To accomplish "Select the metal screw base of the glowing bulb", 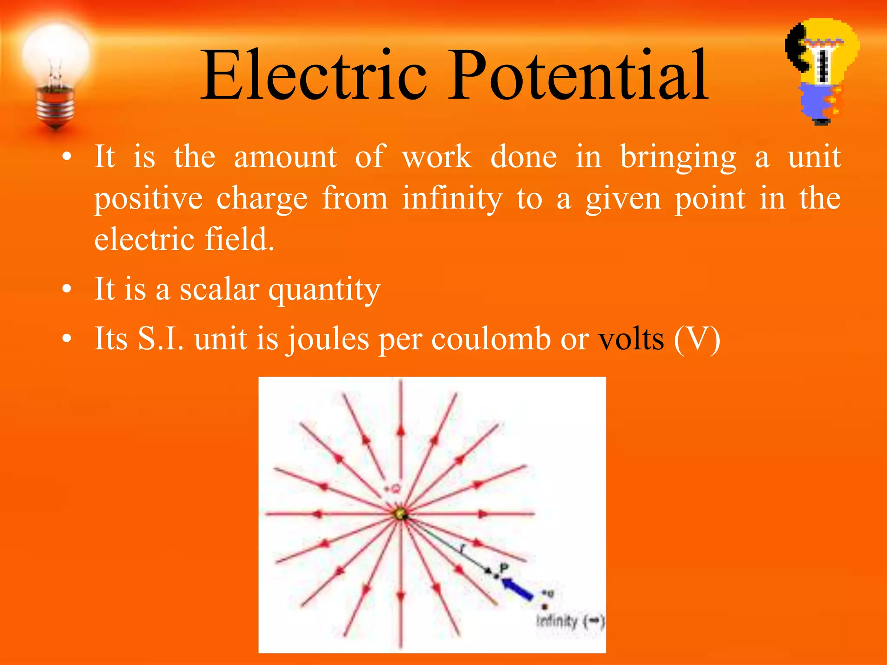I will (x=55, y=106).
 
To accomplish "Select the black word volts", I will (x=631, y=339).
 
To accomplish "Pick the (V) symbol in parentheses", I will (x=697, y=339).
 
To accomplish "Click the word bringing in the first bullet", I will (x=678, y=158).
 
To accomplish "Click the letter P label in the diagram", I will (x=504, y=568).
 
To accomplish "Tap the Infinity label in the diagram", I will (x=557, y=621).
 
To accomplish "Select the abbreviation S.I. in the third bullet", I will (x=161, y=339).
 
